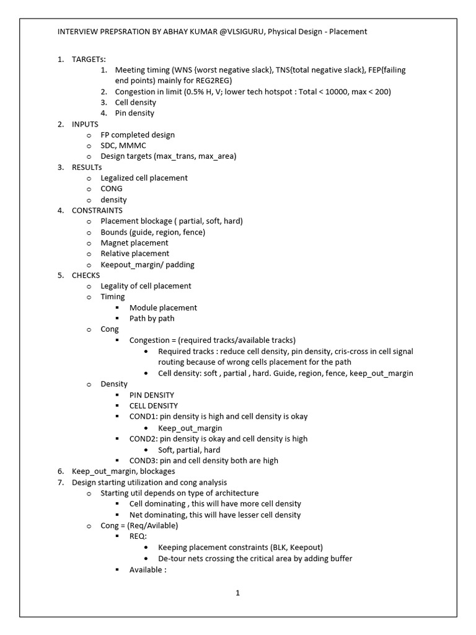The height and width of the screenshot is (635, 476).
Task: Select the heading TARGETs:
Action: pos(89,59)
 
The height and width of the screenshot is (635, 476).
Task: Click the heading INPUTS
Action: pos(85,124)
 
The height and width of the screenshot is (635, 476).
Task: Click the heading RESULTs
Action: pos(87,167)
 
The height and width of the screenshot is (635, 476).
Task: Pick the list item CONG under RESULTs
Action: pos(112,189)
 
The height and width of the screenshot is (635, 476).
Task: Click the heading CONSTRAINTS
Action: pos(97,210)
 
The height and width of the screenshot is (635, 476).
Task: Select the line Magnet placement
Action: pos(134,242)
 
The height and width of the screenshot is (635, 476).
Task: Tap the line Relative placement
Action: pos(134,254)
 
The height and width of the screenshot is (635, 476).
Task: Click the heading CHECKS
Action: pos(86,275)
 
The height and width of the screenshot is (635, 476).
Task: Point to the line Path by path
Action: pos(152,318)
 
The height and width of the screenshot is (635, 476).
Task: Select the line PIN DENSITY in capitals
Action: pos(152,395)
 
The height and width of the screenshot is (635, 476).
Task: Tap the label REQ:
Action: pos(138,536)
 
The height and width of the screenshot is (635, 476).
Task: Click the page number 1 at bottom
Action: pos(237,593)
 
